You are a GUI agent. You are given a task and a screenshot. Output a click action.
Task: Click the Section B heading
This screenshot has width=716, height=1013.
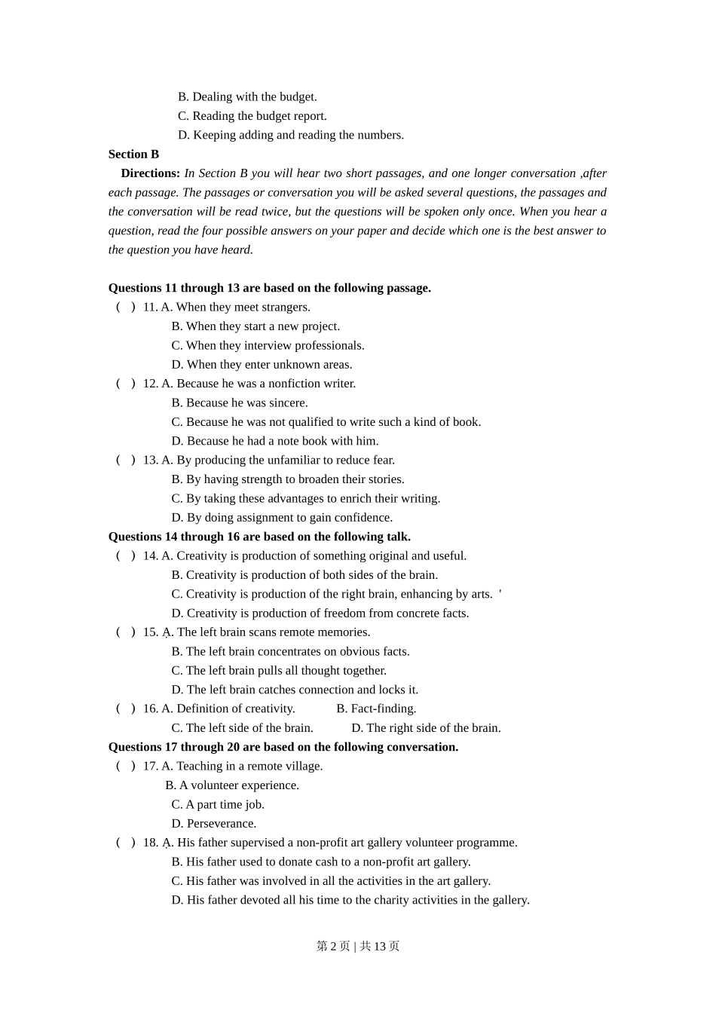coord(133,154)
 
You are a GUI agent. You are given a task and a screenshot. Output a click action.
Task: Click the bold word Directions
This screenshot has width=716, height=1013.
coord(150,173)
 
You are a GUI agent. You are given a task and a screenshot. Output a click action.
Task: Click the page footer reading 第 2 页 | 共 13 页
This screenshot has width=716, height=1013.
coord(358,946)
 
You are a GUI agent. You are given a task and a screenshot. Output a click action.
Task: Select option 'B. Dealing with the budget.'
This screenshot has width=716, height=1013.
coord(247,96)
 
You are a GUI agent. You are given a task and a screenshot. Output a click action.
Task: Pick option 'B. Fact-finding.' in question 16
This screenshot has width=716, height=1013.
coord(376,708)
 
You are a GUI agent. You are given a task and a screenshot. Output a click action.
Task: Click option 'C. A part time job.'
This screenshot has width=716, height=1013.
coord(217,804)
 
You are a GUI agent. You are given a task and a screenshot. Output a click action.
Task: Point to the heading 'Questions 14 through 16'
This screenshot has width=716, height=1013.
coord(259,537)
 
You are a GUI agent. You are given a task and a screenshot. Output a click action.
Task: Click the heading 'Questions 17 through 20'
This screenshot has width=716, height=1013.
coord(283,747)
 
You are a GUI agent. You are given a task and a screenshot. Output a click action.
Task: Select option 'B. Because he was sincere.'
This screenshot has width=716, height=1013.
coord(239,402)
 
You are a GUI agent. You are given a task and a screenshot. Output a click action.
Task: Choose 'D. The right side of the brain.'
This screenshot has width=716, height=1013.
coord(426,727)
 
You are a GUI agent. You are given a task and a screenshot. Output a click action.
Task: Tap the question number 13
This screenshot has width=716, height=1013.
coord(150,460)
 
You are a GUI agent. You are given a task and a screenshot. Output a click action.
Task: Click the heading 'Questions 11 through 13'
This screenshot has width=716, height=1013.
coord(269,288)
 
